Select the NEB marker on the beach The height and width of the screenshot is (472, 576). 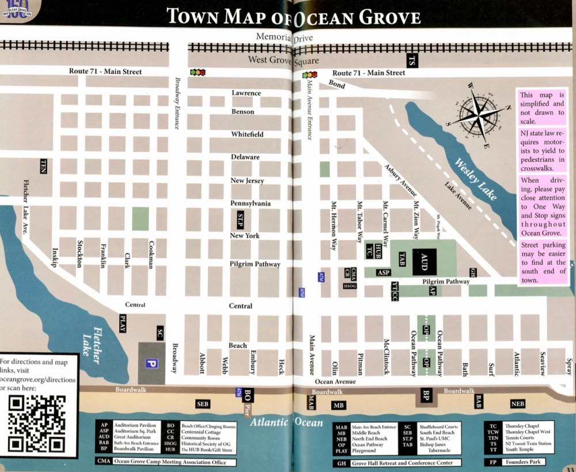click(518, 404)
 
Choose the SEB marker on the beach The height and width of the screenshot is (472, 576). click(202, 404)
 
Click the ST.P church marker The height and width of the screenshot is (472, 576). click(241, 219)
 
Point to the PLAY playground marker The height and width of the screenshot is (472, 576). click(122, 321)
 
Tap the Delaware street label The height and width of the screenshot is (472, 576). click(245, 157)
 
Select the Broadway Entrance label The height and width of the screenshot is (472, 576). click(177, 103)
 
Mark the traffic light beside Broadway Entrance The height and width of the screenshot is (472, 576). click(198, 73)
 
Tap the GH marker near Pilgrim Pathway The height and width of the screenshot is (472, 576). click(473, 272)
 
